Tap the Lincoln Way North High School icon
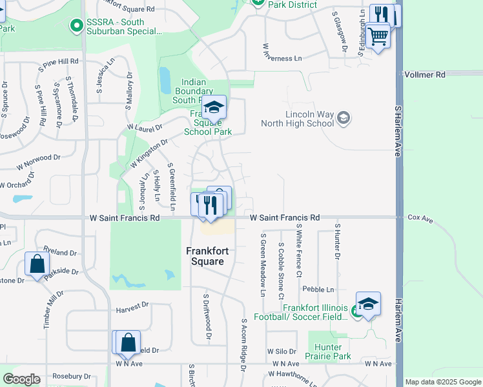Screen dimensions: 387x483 [344, 117]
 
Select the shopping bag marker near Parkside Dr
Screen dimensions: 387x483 [37, 264]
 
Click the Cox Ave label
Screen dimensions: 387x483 [420, 219]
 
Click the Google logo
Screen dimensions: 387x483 [22, 379]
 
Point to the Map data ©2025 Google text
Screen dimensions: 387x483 [442, 382]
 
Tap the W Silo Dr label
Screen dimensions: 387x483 [282, 352]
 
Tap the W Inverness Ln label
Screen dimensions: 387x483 [282, 58]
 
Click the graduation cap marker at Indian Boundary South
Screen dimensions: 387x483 [214, 107]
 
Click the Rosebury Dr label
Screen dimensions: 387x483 [72, 376]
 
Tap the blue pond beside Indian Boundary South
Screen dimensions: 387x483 [165, 79]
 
